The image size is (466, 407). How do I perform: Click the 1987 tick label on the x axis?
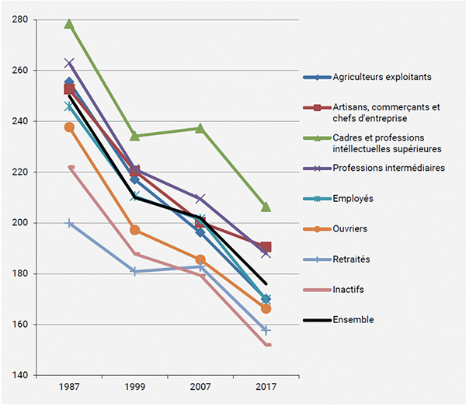coord(69,387)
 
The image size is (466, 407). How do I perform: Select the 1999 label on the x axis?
coord(134,387)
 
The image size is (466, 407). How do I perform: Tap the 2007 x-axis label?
coord(200,387)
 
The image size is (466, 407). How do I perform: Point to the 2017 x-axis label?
coord(266,387)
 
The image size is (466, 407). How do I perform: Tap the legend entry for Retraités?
coord(352,259)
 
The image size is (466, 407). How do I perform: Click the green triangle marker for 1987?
coord(69,24)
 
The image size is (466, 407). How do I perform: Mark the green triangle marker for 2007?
coord(200,127)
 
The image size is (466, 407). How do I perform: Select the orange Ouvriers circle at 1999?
coord(134,230)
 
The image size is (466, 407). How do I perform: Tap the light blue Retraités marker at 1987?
coord(69,223)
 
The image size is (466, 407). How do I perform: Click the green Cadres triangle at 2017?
coord(266,207)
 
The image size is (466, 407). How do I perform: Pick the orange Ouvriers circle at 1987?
coord(69,127)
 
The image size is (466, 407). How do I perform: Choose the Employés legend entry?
coord(353,199)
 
